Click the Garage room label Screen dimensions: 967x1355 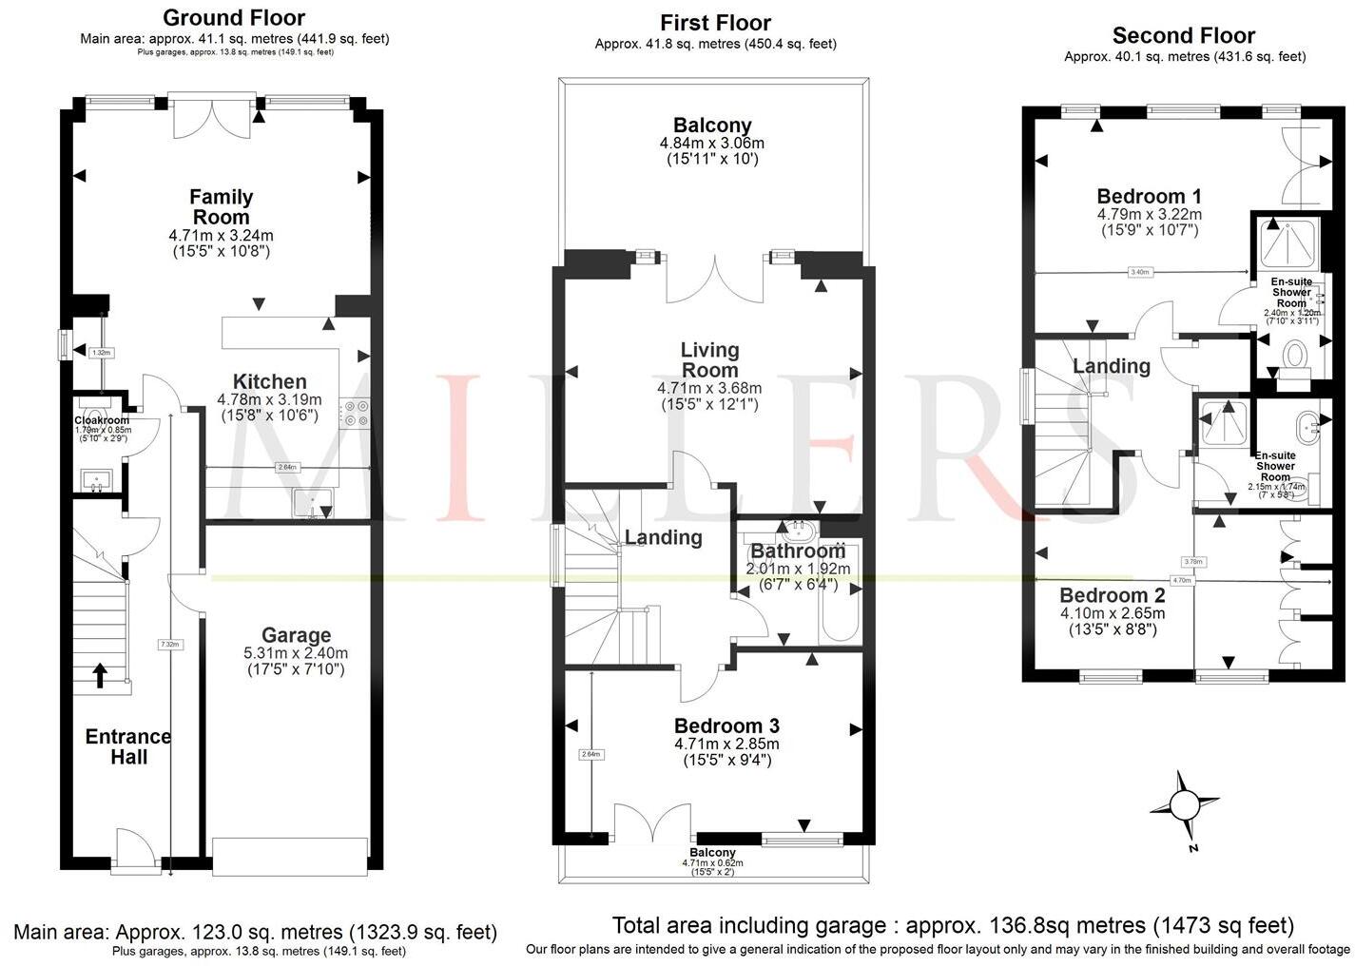click(x=296, y=635)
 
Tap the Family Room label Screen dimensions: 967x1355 click(x=222, y=206)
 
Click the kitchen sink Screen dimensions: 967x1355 click(x=311, y=503)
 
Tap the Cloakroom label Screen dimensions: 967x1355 click(x=102, y=419)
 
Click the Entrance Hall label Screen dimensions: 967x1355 click(x=128, y=746)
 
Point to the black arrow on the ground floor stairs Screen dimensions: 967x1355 click(x=100, y=674)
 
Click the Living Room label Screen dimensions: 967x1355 click(x=709, y=359)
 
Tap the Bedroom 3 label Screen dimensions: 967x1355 click(x=726, y=726)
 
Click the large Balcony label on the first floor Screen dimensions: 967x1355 click(x=712, y=125)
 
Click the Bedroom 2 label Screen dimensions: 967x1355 click(x=1113, y=596)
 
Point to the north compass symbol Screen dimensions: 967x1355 click(x=1184, y=806)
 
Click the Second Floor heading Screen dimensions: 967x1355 click(x=1184, y=36)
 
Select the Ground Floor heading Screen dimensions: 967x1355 click(x=234, y=17)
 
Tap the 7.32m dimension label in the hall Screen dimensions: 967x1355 click(x=169, y=644)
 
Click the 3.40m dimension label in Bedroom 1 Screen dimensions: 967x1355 click(x=1139, y=272)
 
